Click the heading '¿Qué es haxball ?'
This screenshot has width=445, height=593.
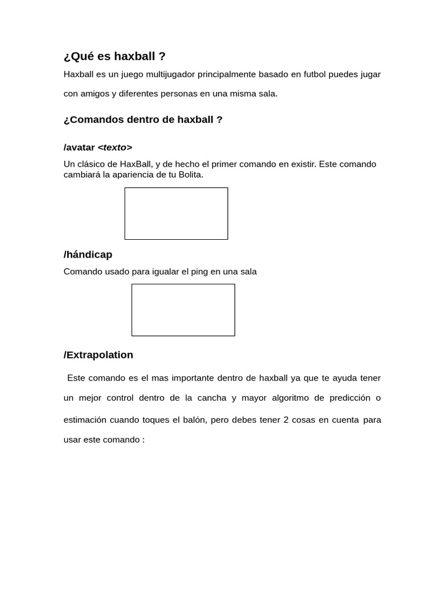[x=114, y=56]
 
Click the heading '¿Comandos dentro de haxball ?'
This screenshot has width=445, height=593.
[x=143, y=119]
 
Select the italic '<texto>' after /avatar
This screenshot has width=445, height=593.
[x=115, y=147]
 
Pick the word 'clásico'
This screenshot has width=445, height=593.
[x=92, y=164]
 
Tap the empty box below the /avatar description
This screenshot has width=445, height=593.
[x=176, y=213]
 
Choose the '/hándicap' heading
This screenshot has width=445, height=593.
[x=87, y=254]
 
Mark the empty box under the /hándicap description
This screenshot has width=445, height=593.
[x=183, y=310]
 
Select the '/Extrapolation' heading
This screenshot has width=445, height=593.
[x=98, y=354]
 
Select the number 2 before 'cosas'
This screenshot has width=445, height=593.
[x=286, y=419]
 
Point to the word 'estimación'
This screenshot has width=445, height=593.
[x=85, y=419]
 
